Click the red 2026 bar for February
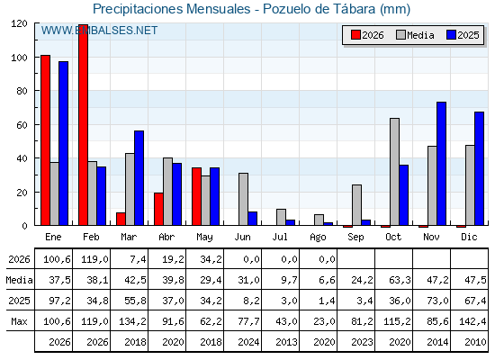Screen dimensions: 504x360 pos(83,125)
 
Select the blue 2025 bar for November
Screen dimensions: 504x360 pos(441,164)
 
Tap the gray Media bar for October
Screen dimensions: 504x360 pos(395,172)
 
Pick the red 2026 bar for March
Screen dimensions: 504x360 pos(121,219)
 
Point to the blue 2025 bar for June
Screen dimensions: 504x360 pos(252,218)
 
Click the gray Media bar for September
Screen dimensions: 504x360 pos(356,205)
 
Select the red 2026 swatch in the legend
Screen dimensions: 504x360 pos(355,35)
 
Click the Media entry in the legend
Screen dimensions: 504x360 pos(415,35)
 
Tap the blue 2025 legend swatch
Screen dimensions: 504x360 pos(452,35)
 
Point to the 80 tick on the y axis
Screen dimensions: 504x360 pos(36,91)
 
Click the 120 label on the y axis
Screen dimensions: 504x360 pos(19,23)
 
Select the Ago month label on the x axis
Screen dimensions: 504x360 pos(318,238)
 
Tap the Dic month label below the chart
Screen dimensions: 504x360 pos(469,237)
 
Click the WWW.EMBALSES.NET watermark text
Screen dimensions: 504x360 pos(99,31)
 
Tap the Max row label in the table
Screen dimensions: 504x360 pos(19,321)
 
